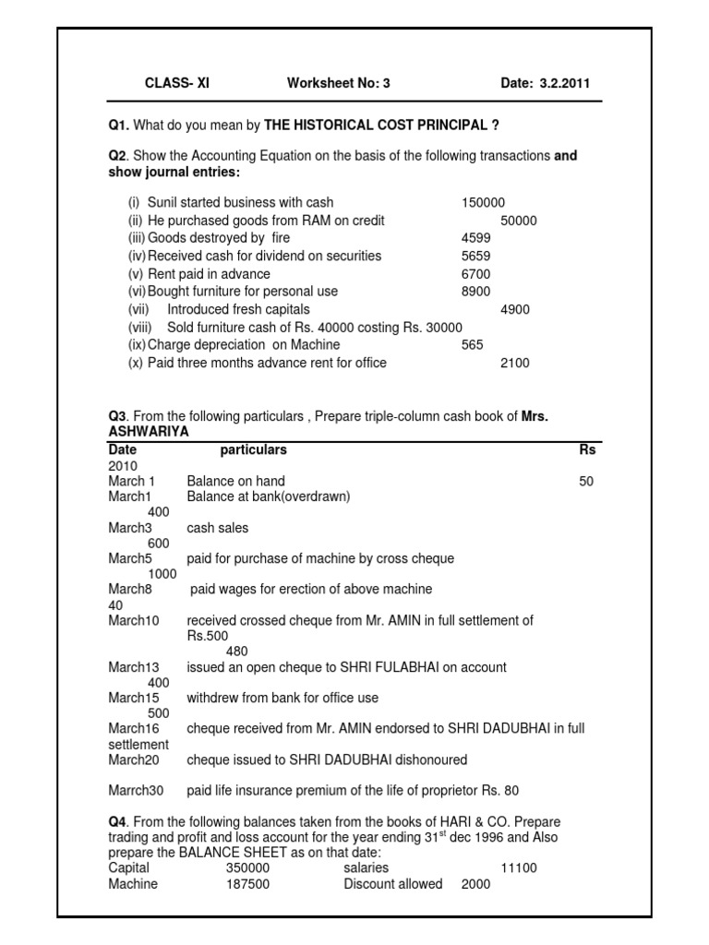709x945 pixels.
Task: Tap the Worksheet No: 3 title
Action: point(339,83)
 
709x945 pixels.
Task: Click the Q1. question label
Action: point(120,125)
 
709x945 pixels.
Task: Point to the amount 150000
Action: point(483,203)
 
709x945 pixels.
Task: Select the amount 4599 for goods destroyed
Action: point(476,238)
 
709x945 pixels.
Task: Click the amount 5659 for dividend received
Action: point(476,256)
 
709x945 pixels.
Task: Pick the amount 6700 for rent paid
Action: point(476,274)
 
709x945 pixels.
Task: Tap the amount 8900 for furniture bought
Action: point(476,292)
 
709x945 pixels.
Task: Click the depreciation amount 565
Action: point(473,345)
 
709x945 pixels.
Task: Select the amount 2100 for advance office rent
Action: point(515,363)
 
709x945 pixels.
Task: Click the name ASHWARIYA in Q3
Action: point(149,432)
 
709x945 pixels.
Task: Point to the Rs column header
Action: point(587,450)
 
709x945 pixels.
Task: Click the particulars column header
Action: point(253,450)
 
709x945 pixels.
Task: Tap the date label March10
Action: point(134,621)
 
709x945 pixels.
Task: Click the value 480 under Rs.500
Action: point(237,651)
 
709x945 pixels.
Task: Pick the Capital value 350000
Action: point(247,868)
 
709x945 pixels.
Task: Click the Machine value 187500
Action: point(247,884)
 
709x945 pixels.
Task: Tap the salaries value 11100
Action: point(518,868)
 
